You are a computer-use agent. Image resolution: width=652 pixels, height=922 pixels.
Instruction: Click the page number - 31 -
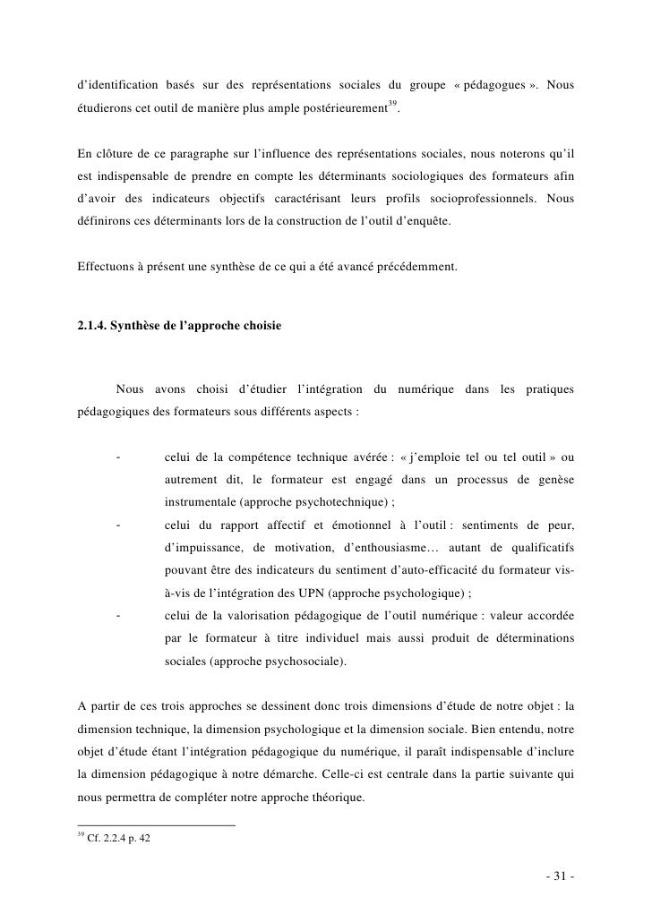pyautogui.click(x=558, y=876)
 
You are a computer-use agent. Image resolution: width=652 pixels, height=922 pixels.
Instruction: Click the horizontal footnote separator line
pyautogui.click(x=157, y=824)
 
